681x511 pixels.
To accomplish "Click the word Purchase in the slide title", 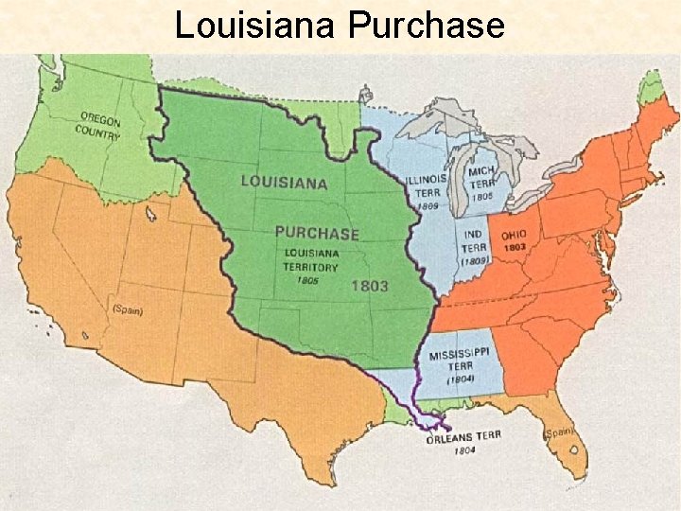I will [426, 26].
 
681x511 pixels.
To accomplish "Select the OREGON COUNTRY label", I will [100, 125].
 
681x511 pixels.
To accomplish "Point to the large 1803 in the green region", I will [369, 285].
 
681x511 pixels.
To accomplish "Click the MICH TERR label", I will [482, 179].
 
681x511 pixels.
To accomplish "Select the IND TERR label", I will [473, 239].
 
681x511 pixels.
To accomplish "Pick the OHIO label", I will [515, 234].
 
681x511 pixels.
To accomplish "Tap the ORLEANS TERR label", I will [463, 436].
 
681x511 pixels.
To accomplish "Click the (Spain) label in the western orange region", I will [127, 308].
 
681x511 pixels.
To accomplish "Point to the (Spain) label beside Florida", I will [560, 433].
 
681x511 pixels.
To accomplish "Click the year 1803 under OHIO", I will [515, 247].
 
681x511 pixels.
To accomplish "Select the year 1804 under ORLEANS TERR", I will [463, 450].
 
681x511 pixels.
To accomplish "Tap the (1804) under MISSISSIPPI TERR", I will [460, 379].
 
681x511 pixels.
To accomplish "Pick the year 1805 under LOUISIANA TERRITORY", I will [306, 280].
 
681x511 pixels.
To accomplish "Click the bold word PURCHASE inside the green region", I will [317, 232].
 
